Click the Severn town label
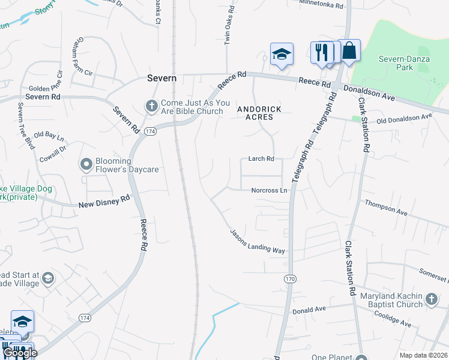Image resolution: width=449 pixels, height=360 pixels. (162, 79)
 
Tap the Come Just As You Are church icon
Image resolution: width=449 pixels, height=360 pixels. (151, 106)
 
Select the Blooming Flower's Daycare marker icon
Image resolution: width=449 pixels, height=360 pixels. (86, 163)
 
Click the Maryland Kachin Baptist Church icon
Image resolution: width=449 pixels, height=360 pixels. (430, 299)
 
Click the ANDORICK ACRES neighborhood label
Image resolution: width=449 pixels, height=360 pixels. (255, 113)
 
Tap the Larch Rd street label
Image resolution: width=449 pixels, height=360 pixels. (261, 159)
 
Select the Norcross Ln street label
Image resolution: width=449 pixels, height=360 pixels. (270, 190)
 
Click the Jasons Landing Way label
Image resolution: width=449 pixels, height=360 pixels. (258, 242)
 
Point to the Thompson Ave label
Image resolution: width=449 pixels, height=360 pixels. (386, 208)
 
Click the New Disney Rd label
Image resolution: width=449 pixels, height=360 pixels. (104, 202)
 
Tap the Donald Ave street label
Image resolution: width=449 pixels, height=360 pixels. (309, 310)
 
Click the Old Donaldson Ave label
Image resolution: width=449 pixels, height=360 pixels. (404, 119)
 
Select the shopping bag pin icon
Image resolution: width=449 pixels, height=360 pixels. (349, 52)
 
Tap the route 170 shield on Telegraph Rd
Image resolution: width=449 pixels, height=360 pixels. (291, 279)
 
